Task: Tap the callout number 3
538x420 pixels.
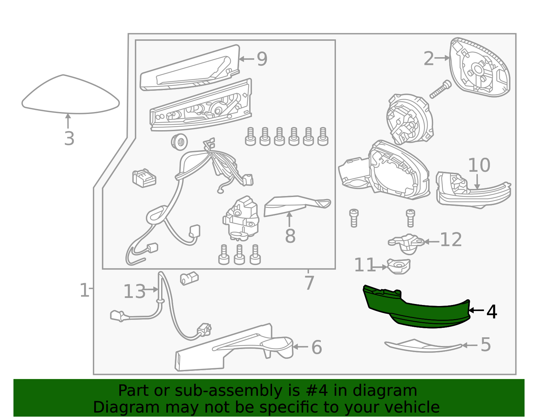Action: pyautogui.click(x=69, y=139)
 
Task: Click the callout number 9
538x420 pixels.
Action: pyautogui.click(x=262, y=59)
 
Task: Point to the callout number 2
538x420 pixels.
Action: pyautogui.click(x=429, y=59)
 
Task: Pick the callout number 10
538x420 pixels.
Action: pyautogui.click(x=479, y=165)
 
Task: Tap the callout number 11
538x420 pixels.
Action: pyautogui.click(x=365, y=265)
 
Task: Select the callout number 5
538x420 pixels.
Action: pyautogui.click(x=486, y=345)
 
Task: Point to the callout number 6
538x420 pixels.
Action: pyautogui.click(x=317, y=347)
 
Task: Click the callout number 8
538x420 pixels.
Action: pyautogui.click(x=290, y=236)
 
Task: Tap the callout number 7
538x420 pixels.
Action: pyautogui.click(x=309, y=283)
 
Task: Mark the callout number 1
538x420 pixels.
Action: pyautogui.click(x=84, y=290)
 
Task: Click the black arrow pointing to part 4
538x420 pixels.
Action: pyautogui.click(x=476, y=310)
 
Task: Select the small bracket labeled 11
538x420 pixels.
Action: pyautogui.click(x=398, y=266)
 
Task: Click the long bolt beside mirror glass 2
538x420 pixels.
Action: pyautogui.click(x=440, y=89)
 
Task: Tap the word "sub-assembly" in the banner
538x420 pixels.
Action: pyautogui.click(x=228, y=391)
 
